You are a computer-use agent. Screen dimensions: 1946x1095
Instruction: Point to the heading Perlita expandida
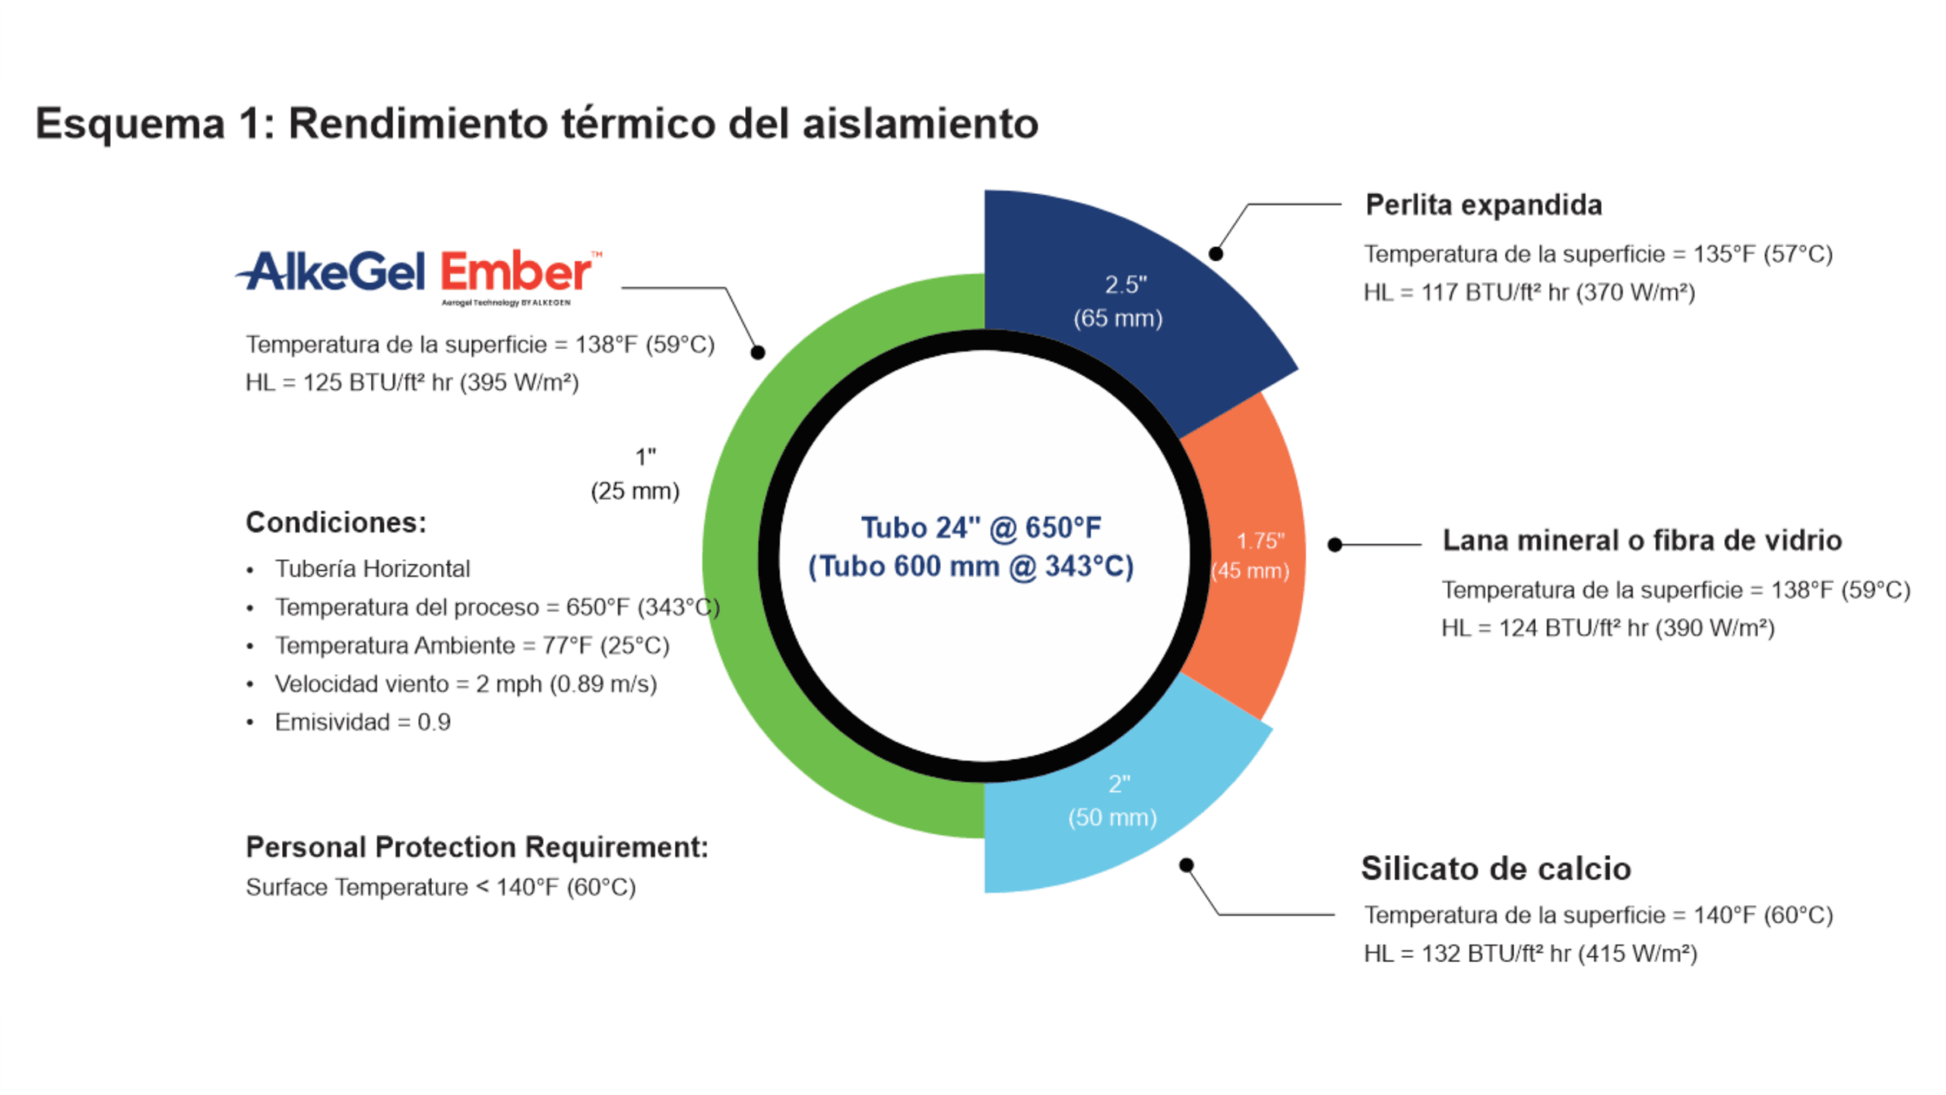(x=1484, y=205)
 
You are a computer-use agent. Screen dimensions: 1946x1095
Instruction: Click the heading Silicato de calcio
(x=1496, y=868)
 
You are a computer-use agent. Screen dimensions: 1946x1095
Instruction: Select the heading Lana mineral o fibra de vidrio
(x=1642, y=541)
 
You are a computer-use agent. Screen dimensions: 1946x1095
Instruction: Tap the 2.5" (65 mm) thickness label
(x=1118, y=301)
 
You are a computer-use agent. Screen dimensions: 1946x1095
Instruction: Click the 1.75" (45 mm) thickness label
(x=1251, y=556)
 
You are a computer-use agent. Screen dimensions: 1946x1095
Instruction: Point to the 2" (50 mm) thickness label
(x=1113, y=801)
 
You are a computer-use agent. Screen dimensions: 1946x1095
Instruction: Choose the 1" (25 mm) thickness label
(x=635, y=474)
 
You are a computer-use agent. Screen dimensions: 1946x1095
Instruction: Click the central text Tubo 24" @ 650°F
(x=981, y=528)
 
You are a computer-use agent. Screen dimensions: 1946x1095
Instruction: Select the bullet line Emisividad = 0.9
(x=363, y=722)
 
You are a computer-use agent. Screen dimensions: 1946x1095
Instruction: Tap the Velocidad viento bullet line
(x=465, y=684)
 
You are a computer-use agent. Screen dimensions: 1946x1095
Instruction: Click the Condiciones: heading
(x=336, y=522)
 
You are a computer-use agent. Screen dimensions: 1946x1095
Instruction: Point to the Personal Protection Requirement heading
(x=477, y=847)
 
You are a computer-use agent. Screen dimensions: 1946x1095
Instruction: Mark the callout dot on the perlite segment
(x=1215, y=254)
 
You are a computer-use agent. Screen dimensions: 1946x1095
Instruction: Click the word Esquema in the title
(x=131, y=124)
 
